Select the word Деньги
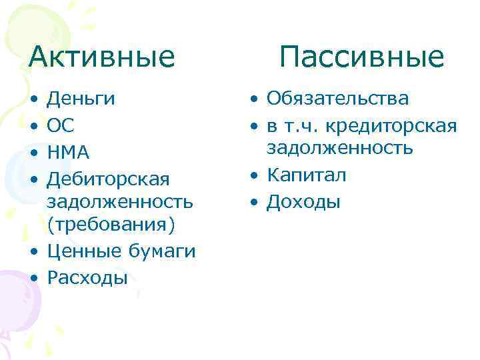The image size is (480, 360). [x=81, y=100]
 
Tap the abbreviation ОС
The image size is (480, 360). [x=61, y=126]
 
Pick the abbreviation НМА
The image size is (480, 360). [x=68, y=153]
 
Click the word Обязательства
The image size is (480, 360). [x=338, y=99]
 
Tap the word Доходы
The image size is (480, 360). [x=303, y=201]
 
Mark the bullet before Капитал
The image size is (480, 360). [x=255, y=176]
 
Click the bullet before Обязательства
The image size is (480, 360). [x=255, y=100]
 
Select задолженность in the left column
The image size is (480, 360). [x=121, y=201]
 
